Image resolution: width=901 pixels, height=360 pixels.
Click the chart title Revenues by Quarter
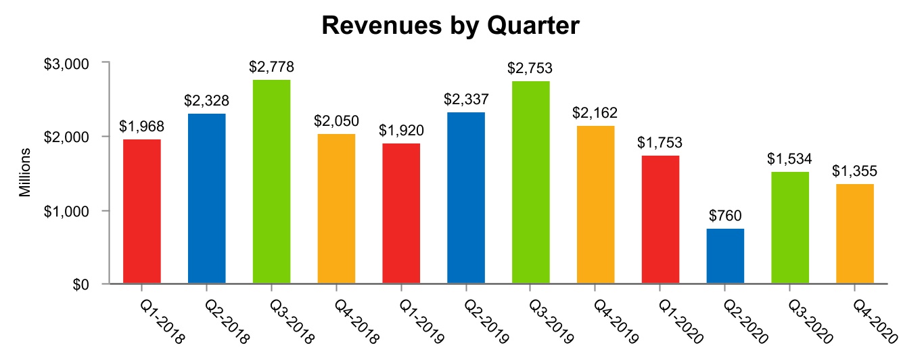(451, 26)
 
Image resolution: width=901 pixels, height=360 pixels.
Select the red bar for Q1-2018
(142, 211)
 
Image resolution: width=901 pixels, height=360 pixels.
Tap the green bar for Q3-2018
(271, 181)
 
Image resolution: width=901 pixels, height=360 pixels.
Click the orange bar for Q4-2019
(596, 204)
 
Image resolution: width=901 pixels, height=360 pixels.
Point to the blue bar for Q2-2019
(466, 198)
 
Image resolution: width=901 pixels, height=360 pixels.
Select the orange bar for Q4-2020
(854, 233)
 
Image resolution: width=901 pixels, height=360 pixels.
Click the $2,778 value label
(271, 68)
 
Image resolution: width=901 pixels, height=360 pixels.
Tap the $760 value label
(725, 217)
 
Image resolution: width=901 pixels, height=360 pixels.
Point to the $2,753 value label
(531, 68)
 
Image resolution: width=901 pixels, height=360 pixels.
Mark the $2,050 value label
(336, 122)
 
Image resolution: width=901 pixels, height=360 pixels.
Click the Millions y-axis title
(25, 173)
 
